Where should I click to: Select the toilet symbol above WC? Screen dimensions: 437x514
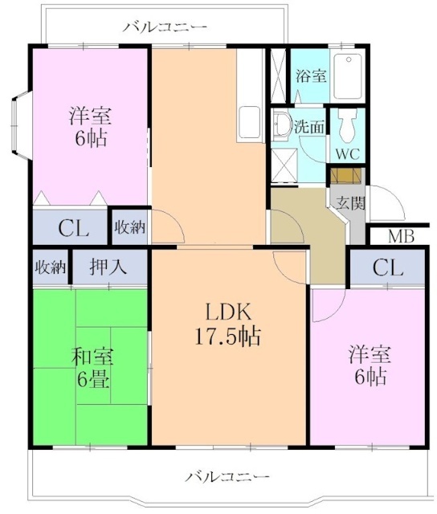click(x=348, y=124)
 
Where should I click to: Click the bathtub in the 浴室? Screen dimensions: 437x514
click(x=348, y=76)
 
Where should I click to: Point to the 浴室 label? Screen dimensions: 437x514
click(x=311, y=75)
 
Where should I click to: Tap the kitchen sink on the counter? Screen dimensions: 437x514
click(x=249, y=123)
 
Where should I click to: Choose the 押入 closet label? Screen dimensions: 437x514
click(x=108, y=266)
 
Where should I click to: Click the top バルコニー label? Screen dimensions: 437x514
click(x=165, y=27)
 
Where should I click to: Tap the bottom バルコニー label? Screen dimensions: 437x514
click(x=227, y=476)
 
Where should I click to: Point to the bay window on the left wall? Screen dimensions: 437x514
click(x=21, y=125)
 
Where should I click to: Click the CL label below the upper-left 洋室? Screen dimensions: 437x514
click(x=73, y=228)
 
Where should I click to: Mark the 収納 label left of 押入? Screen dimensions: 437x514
click(x=50, y=267)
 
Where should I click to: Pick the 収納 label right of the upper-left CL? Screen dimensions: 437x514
click(x=130, y=226)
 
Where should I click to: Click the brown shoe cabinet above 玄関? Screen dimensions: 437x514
click(x=345, y=176)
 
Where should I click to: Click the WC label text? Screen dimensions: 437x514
click(x=348, y=153)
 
